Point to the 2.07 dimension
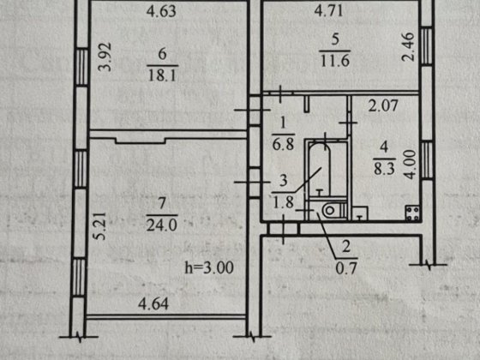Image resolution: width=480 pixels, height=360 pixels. [x=383, y=106]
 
